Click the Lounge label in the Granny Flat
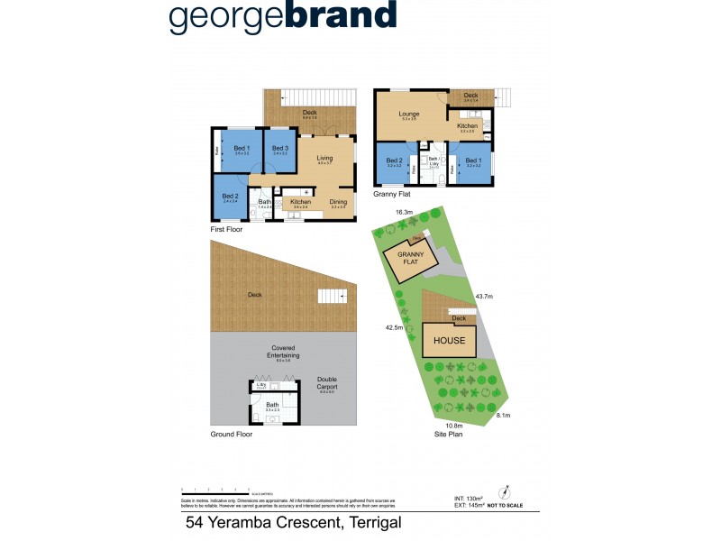point(409,115)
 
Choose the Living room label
point(324,160)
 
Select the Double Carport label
point(326,382)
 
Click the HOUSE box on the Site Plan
point(450,340)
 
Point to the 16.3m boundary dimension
point(405,213)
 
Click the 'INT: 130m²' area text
point(469,497)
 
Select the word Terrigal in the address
point(362,522)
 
